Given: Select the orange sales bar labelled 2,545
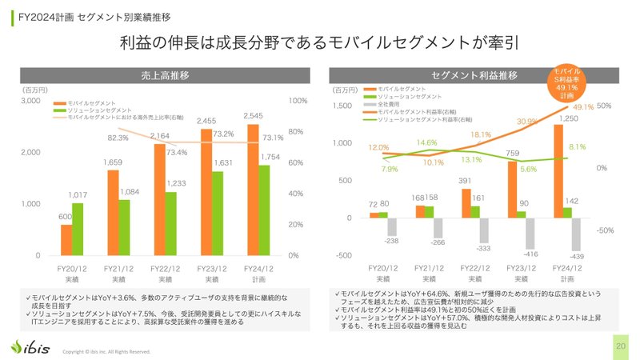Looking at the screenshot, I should point(253,190).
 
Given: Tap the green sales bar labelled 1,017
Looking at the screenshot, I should point(78,229).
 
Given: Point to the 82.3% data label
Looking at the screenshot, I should point(118,138).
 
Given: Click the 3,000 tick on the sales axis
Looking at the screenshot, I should point(30,101).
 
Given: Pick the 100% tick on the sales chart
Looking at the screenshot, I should point(297,101).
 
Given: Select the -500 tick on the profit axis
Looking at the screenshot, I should point(342,255).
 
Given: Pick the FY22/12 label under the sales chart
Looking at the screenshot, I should point(165,269).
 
